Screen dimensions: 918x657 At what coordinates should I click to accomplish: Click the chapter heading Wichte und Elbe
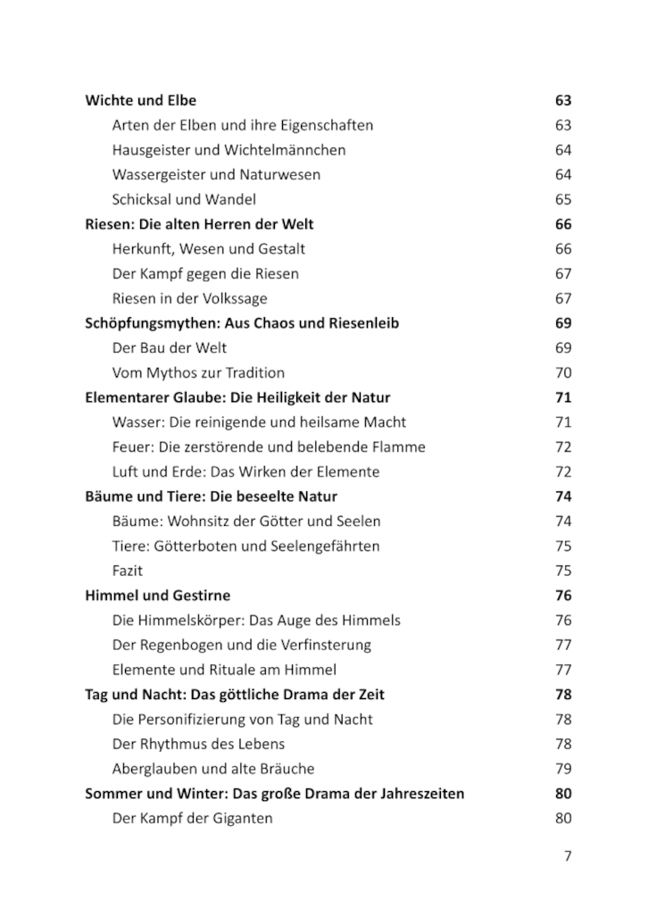(x=140, y=101)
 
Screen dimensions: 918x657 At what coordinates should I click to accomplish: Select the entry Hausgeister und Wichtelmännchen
(x=229, y=150)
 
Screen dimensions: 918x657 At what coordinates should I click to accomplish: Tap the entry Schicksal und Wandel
(x=184, y=200)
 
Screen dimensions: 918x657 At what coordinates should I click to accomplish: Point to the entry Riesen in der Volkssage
(x=189, y=299)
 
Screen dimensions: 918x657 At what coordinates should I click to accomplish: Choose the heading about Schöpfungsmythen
(x=241, y=323)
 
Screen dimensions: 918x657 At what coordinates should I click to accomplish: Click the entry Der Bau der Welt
(x=170, y=348)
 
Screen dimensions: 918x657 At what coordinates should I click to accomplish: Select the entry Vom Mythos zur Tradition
(x=198, y=373)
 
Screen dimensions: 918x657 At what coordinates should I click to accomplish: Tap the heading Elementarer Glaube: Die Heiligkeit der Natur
(x=237, y=397)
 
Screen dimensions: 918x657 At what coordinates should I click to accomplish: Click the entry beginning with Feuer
(x=269, y=447)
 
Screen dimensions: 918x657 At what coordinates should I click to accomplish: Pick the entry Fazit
(x=128, y=571)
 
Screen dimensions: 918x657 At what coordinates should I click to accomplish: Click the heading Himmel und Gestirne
(x=157, y=596)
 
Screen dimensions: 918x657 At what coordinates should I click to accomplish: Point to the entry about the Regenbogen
(x=241, y=645)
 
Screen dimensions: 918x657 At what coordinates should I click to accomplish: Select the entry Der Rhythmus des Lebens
(x=198, y=744)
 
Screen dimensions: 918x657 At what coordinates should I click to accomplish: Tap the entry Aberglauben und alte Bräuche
(x=213, y=769)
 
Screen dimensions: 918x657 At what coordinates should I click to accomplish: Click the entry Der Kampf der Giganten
(x=192, y=818)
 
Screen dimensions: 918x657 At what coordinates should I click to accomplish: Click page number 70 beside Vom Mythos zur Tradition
(x=562, y=373)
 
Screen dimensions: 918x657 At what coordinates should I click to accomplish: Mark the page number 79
(x=562, y=769)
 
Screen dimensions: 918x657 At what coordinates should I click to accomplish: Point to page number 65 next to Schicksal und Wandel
(x=562, y=200)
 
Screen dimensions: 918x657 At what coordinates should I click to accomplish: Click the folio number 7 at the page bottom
(x=567, y=856)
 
